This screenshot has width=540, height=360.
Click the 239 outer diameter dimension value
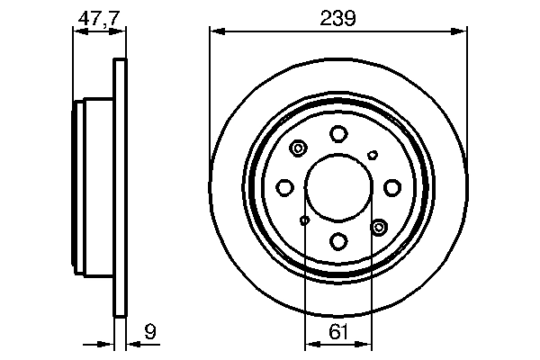338,17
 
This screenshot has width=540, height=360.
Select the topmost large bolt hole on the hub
338,134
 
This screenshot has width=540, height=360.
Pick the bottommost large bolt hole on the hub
338,241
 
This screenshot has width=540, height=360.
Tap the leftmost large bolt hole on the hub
284,187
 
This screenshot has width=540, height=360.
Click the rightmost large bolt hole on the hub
392,187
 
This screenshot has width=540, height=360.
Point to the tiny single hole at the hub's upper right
373,155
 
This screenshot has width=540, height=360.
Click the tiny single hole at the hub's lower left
305,220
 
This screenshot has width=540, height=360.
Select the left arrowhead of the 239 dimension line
215,32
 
